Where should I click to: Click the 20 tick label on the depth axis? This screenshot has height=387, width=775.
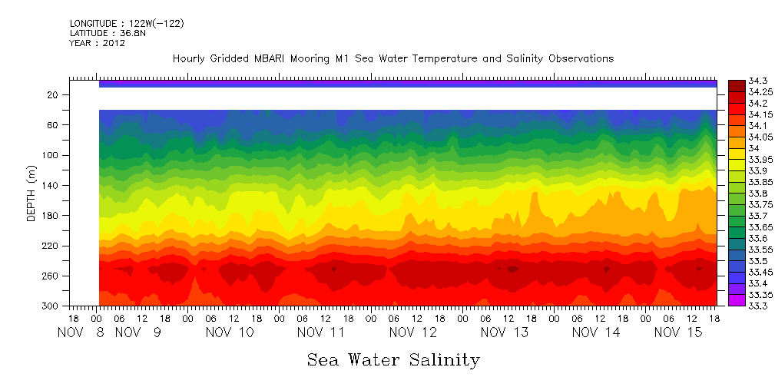click(x=53, y=94)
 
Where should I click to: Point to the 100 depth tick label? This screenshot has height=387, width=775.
click(x=51, y=155)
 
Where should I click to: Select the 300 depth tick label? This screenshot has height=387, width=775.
click(x=51, y=306)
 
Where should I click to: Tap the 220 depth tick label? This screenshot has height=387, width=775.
click(x=51, y=246)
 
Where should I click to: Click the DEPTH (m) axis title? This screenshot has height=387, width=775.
click(x=31, y=195)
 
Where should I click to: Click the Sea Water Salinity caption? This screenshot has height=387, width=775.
click(x=393, y=359)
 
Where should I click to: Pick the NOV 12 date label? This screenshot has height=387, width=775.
click(x=413, y=332)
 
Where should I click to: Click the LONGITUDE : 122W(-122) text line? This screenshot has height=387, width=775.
click(x=127, y=24)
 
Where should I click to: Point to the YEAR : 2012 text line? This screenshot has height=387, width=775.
click(x=97, y=43)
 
